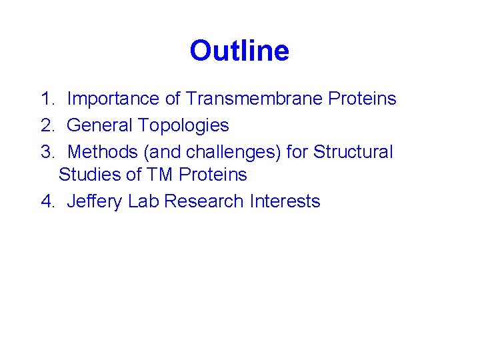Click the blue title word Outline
[239, 51]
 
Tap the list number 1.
[46, 99]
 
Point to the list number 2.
[46, 125]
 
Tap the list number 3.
[46, 152]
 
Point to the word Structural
[353, 152]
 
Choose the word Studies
[88, 175]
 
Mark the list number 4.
[46, 201]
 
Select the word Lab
[143, 201]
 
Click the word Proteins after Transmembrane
[362, 99]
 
